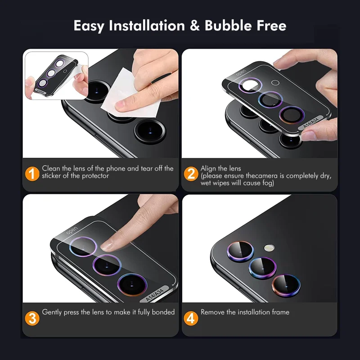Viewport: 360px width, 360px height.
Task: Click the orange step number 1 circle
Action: coord(32,173)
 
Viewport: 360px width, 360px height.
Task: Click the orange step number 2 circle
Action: coord(191,173)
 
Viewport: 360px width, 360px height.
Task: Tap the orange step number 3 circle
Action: coord(32,317)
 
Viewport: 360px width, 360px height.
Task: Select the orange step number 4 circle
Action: coord(191,318)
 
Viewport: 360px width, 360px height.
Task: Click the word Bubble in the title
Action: coord(226,26)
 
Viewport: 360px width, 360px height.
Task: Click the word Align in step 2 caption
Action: coord(209,168)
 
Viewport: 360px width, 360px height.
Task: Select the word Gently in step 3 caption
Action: coord(53,312)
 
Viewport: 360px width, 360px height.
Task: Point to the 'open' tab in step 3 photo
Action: coord(72,232)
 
